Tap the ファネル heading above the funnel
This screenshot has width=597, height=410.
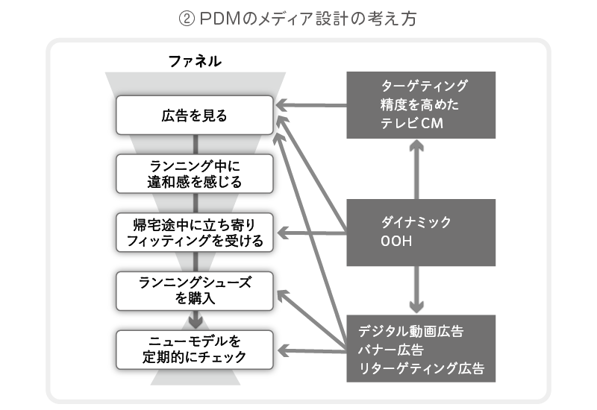[x=195, y=62]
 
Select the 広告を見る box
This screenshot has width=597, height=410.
[x=194, y=116]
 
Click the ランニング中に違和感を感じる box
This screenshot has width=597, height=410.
[x=194, y=173]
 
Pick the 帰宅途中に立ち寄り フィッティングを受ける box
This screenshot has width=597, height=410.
[x=194, y=233]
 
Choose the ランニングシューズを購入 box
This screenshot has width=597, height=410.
[x=195, y=290]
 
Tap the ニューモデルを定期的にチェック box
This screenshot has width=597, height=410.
[x=194, y=349]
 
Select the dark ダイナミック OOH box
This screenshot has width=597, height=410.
[x=421, y=232]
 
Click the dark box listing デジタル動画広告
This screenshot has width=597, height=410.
[x=421, y=348]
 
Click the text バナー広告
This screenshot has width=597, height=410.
[x=391, y=349]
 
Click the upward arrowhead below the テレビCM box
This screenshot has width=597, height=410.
[x=417, y=146]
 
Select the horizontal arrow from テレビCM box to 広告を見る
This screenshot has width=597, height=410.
[x=313, y=105]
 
